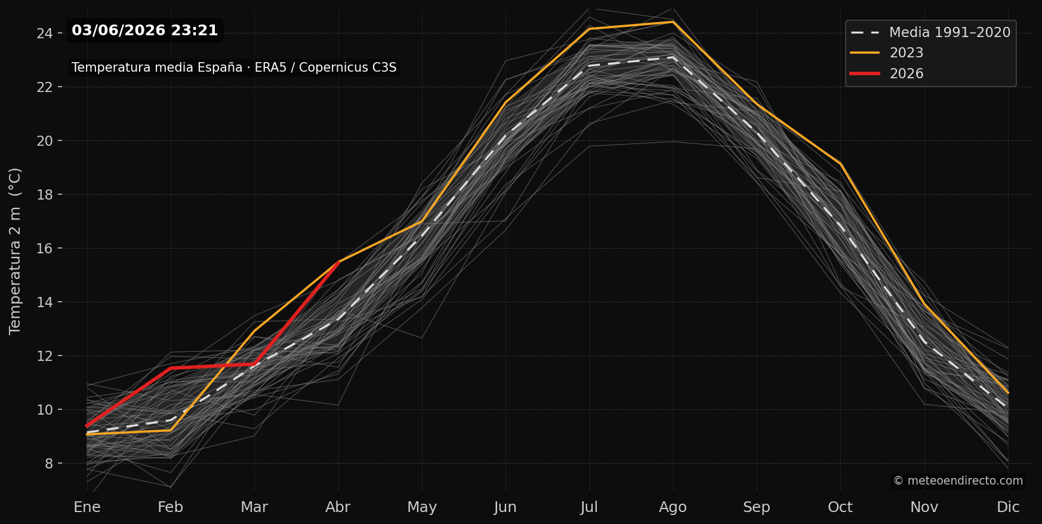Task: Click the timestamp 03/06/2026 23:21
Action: pyautogui.click(x=145, y=30)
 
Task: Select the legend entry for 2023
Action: pyautogui.click(x=887, y=53)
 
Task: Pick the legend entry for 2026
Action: pyautogui.click(x=887, y=73)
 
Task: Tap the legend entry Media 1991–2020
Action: pyautogui.click(x=931, y=32)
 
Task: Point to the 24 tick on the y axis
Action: pyautogui.click(x=45, y=33)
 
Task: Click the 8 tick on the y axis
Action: pyautogui.click(x=49, y=464)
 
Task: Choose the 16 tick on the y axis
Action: pyautogui.click(x=45, y=249)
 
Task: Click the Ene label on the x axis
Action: pyautogui.click(x=87, y=507)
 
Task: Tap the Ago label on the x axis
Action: pyautogui.click(x=673, y=507)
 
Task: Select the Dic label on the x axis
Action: pyautogui.click(x=1008, y=507)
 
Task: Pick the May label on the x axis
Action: pyautogui.click(x=422, y=507)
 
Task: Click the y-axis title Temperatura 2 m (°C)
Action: pyautogui.click(x=15, y=251)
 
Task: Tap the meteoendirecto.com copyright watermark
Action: pyautogui.click(x=958, y=481)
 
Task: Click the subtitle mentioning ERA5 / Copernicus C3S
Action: pyautogui.click(x=234, y=68)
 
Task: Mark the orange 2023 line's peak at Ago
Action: pyautogui.click(x=673, y=22)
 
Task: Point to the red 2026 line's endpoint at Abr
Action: pyautogui.click(x=338, y=262)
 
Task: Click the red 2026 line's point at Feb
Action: pyautogui.click(x=171, y=367)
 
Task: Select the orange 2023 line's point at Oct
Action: pyautogui.click(x=840, y=163)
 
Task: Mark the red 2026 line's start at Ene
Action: pyautogui.click(x=87, y=425)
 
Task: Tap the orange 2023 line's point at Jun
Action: pyautogui.click(x=505, y=102)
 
